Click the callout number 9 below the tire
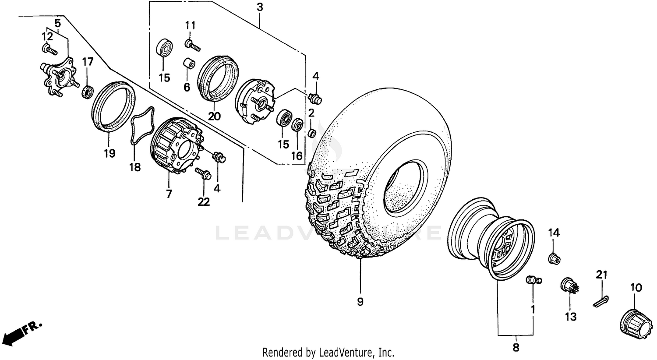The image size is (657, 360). [x=360, y=302]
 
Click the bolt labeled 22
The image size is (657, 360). [x=203, y=173]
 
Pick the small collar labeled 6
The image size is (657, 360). [x=188, y=64]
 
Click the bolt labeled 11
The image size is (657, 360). [x=192, y=44]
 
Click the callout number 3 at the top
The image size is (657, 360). [x=260, y=7]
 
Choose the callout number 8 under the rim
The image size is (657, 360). [x=516, y=348]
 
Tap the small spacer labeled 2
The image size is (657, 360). [x=312, y=132]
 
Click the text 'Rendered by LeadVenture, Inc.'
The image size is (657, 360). [x=328, y=352]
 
